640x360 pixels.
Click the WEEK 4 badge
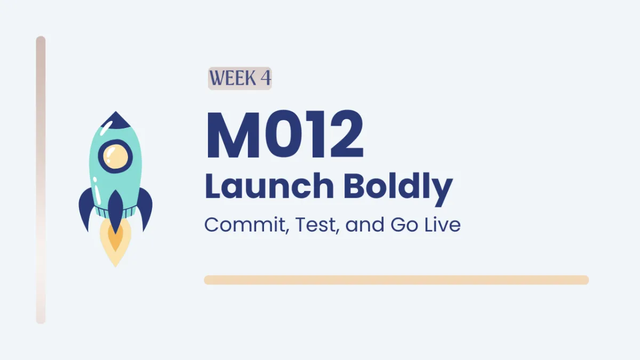pyautogui.click(x=239, y=78)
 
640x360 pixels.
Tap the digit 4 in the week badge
pyautogui.click(x=266, y=78)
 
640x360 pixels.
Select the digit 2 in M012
pyautogui.click(x=346, y=134)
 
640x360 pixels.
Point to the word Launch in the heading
pyautogui.click(x=269, y=186)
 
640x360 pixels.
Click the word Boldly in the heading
pyautogui.click(x=398, y=189)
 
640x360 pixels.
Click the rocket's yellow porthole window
pyautogui.click(x=115, y=156)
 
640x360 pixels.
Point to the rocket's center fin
pyautogui.click(x=115, y=211)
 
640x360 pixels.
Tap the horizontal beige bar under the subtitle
pyautogui.click(x=396, y=280)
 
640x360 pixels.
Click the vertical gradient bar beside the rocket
pyautogui.click(x=41, y=180)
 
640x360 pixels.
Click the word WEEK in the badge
pyautogui.click(x=233, y=78)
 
